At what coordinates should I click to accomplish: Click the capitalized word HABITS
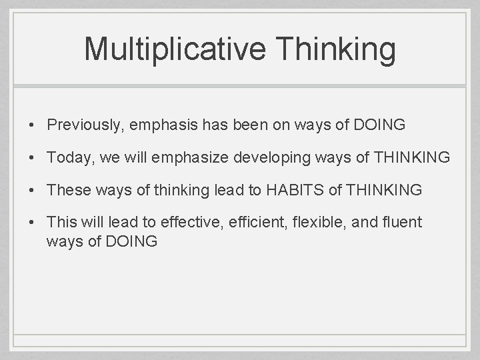tap(294, 190)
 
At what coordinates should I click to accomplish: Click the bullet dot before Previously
tap(31, 125)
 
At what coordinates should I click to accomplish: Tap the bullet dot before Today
tap(31, 157)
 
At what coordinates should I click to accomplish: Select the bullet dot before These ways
tap(31, 190)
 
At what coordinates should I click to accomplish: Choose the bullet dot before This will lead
tap(31, 222)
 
